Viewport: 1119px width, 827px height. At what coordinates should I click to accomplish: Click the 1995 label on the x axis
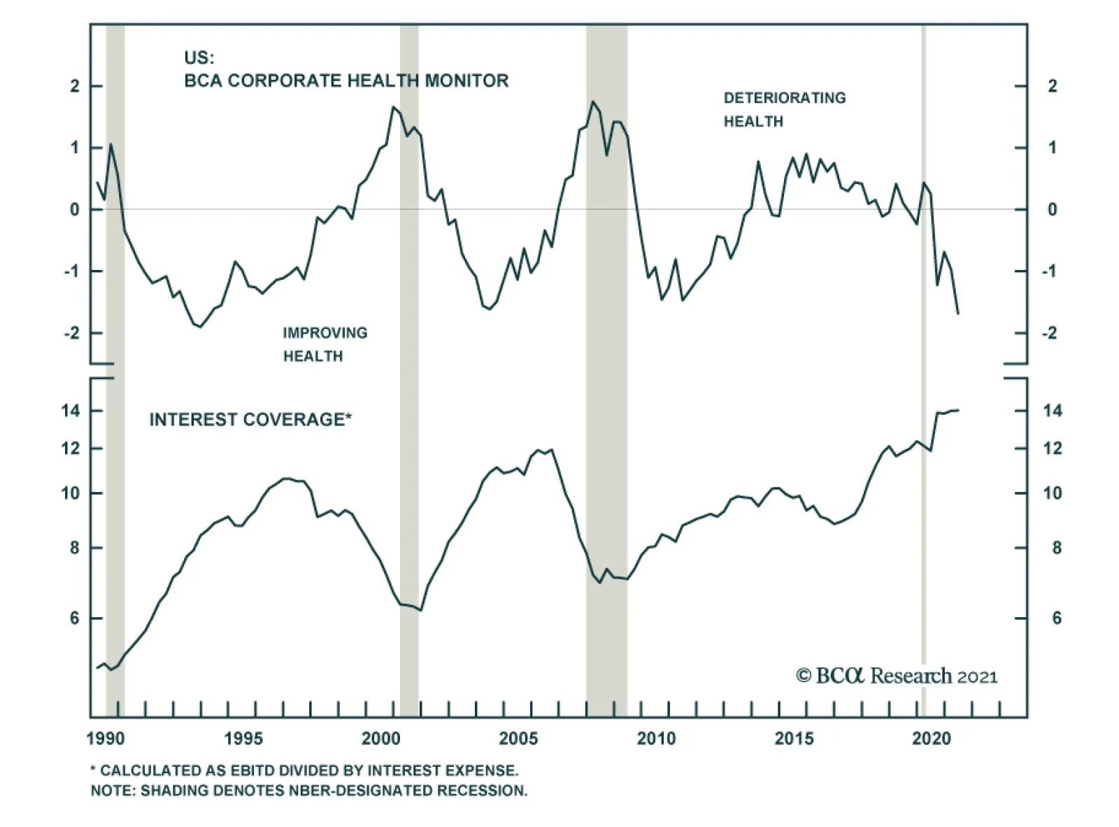tap(243, 738)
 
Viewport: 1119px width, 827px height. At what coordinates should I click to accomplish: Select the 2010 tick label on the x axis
tap(656, 738)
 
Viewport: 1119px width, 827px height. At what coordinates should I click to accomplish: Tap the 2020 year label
tap(932, 738)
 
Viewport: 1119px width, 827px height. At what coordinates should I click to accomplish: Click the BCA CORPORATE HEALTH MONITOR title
tap(346, 80)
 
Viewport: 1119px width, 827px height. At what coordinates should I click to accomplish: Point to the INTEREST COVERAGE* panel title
tap(250, 419)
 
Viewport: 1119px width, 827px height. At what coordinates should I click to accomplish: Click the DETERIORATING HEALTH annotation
tap(784, 109)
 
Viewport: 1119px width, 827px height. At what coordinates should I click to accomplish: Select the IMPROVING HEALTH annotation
tap(325, 344)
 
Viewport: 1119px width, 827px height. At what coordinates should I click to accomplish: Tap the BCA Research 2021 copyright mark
tap(897, 676)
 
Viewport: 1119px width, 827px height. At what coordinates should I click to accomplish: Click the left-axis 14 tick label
tap(71, 411)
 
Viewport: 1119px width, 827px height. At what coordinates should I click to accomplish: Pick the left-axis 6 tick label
tap(75, 619)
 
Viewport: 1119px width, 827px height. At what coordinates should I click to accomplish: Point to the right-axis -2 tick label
tap(1049, 333)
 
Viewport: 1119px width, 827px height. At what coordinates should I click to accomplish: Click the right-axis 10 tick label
tap(1052, 493)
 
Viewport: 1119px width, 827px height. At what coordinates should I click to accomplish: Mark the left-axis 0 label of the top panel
tap(75, 210)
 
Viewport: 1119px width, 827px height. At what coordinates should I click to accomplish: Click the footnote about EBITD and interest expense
tap(304, 770)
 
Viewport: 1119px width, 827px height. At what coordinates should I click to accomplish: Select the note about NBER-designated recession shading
tap(308, 791)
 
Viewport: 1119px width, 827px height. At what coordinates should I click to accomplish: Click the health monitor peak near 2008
tap(593, 102)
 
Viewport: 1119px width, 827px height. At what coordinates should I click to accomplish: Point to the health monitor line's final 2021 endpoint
tap(958, 313)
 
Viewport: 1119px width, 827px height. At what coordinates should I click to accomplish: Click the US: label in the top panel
tap(199, 58)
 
